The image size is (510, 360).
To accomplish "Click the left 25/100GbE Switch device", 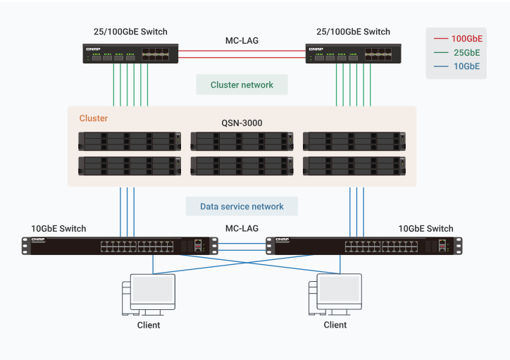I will click(x=130, y=54).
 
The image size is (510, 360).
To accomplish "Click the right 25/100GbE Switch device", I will click(x=353, y=54).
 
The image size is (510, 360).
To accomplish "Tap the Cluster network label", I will click(x=242, y=85).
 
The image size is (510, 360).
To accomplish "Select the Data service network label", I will click(x=242, y=206).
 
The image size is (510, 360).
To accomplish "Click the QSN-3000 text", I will click(x=242, y=123).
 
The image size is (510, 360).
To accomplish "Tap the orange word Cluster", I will click(x=94, y=118).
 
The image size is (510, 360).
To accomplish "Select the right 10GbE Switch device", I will click(x=363, y=245).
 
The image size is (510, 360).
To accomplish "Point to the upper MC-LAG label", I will click(x=242, y=40).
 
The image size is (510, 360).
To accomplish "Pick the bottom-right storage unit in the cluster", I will click(x=354, y=166).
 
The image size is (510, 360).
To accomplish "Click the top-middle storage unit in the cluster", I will click(x=242, y=141).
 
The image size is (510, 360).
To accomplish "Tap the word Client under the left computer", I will click(x=149, y=325).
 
